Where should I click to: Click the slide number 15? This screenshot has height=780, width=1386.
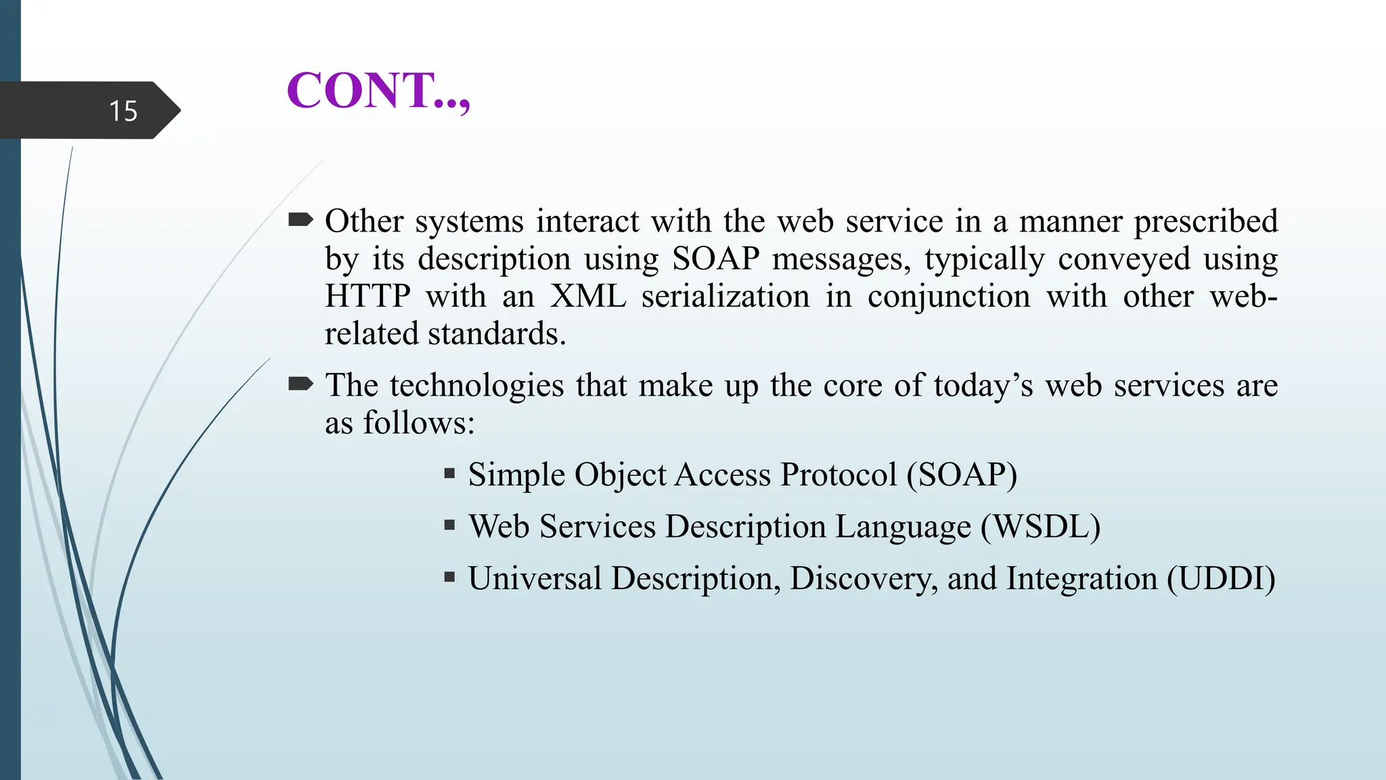(x=123, y=111)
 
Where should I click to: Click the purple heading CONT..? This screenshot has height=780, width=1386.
(x=378, y=91)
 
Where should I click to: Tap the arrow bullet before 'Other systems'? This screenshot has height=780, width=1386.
(x=300, y=219)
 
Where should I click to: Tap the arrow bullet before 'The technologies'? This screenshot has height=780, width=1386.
(x=300, y=384)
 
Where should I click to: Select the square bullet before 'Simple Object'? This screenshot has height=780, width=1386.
(x=449, y=473)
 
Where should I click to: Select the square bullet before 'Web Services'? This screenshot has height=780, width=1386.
(x=449, y=525)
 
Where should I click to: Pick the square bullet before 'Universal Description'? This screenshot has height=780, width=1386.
(x=449, y=577)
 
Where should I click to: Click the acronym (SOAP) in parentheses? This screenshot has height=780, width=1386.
(x=962, y=475)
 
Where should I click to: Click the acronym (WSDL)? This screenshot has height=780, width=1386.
(x=1041, y=527)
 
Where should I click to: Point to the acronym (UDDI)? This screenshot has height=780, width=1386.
(x=1221, y=578)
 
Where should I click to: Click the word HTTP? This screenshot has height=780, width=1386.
(x=367, y=297)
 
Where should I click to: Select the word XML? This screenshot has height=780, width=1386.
(x=587, y=297)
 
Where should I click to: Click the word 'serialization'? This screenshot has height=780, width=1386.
(x=725, y=297)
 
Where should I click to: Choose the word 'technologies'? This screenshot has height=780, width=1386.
(x=476, y=386)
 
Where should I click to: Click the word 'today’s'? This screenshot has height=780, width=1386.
(x=983, y=386)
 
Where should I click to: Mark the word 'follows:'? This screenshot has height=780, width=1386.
(x=419, y=423)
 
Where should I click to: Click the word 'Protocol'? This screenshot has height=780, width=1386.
(x=839, y=475)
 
